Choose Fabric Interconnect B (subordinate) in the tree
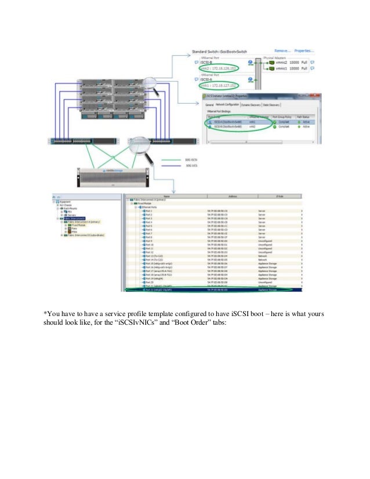pyautogui.click(x=85, y=235)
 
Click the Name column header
pyautogui.click(x=167, y=197)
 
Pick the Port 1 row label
pyautogui.click(x=150, y=211)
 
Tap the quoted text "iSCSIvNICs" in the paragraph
pyautogui.click(x=175, y=324)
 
